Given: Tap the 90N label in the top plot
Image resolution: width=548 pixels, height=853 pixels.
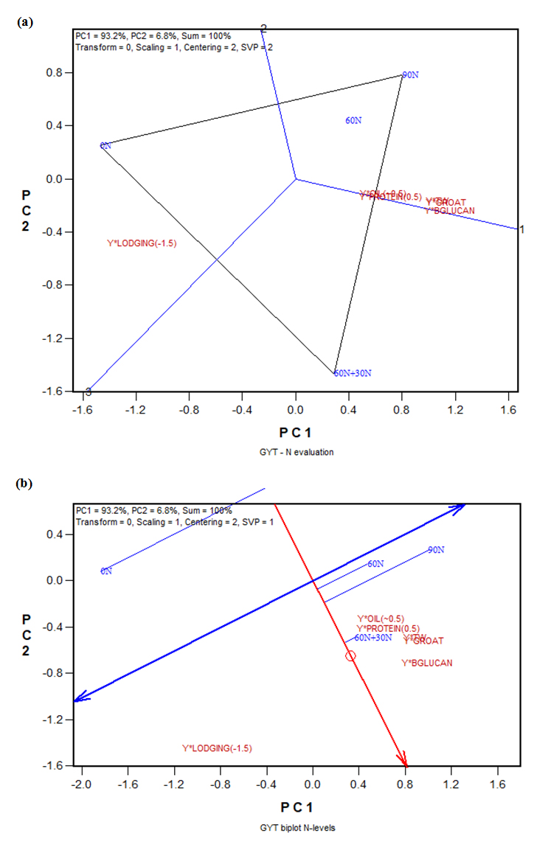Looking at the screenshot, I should (x=411, y=74).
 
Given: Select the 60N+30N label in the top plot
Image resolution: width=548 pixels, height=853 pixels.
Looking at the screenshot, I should (x=353, y=373).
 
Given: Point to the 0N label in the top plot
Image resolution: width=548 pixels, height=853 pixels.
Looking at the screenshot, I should (x=105, y=145).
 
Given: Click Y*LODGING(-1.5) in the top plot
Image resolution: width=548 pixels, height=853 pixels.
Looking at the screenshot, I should (x=142, y=243).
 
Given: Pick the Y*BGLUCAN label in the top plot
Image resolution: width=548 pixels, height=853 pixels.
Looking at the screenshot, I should (x=449, y=211).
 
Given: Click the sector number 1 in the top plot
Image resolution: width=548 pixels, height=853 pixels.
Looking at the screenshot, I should (x=521, y=229).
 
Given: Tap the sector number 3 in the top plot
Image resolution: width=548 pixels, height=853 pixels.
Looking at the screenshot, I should (x=88, y=391).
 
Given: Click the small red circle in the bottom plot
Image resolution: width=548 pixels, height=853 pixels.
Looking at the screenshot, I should (x=350, y=655).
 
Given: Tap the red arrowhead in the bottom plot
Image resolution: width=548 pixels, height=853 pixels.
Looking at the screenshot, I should (x=403, y=760).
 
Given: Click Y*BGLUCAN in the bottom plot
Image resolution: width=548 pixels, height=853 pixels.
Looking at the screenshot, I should (x=426, y=663).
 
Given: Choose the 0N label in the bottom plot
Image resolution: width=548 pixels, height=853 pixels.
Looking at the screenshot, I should (x=106, y=571).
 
